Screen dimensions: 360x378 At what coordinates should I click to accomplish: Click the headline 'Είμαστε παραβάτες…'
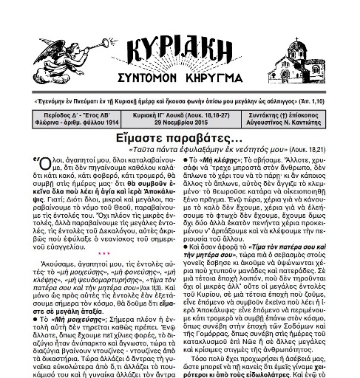(181, 138)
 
